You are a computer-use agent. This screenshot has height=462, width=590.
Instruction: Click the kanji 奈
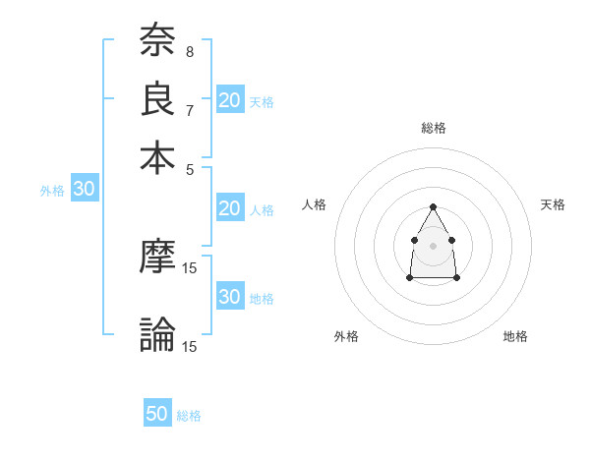157,42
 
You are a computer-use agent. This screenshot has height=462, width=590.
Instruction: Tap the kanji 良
157,99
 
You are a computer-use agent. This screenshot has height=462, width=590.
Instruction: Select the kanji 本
157,157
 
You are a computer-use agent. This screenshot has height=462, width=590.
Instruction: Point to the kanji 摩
157,256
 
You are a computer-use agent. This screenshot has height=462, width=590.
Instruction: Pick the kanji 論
157,334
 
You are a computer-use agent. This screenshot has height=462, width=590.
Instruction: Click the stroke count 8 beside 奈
189,52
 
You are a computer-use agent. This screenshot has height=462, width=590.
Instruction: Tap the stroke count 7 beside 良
189,109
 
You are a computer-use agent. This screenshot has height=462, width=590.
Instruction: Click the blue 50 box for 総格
157,414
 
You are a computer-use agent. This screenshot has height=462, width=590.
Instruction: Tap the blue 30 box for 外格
84,190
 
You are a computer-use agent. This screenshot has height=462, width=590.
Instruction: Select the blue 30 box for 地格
230,297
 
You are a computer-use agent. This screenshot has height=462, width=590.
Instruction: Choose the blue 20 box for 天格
230,99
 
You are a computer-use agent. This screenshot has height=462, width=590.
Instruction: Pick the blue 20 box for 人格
230,207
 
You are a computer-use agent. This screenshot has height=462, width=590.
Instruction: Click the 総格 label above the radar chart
434,128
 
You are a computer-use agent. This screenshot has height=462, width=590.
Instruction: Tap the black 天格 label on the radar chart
554,204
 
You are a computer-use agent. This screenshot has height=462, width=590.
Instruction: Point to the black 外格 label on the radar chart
346,336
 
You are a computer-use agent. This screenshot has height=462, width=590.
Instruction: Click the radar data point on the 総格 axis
434,206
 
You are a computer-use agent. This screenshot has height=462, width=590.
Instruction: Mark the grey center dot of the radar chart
434,245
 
